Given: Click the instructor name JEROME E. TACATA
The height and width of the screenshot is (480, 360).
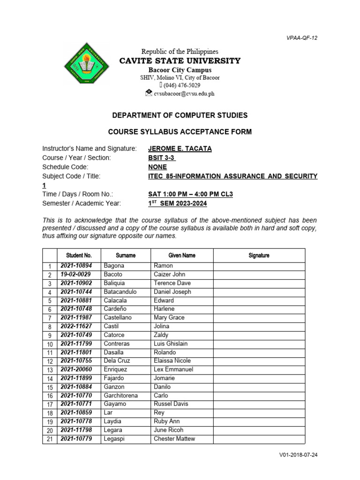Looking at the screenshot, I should point(180,149).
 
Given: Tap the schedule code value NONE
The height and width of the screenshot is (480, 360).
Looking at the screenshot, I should point(157,167).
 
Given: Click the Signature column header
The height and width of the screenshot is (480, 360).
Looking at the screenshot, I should point(259,255).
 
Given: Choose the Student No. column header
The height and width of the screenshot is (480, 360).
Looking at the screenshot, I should point(79,255).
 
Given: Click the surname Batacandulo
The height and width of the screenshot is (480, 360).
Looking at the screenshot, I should point(123,292).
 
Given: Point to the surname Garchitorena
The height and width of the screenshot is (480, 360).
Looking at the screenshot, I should point(124,396).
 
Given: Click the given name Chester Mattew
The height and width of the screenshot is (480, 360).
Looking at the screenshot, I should point(174,439).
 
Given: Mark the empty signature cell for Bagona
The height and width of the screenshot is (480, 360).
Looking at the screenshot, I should point(259,266).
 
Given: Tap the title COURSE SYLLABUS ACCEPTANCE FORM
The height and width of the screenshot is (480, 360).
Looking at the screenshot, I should point(180,132).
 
